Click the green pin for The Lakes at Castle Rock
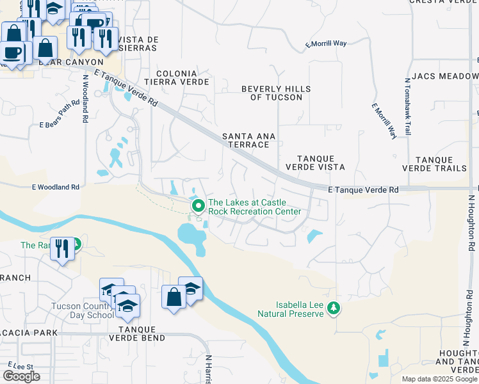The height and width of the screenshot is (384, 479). tap(199, 206)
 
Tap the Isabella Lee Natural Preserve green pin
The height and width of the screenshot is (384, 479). tap(333, 308)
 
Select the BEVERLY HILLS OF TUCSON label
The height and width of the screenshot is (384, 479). tap(276, 93)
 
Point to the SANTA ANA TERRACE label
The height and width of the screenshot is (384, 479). tap(245, 140)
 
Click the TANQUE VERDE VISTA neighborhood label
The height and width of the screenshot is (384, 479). tap(320, 163)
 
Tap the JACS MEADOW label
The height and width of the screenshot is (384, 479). tap(446, 76)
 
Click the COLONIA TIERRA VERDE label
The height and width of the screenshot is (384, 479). tap(177, 78)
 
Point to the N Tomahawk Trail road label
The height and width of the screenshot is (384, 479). tap(407, 107)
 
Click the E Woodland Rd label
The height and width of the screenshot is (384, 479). tap(56, 187)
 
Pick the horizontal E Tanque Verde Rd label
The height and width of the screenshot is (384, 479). tap(362, 190)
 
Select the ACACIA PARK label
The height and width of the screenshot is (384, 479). tap(29, 333)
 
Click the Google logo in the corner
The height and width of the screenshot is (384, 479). tap(21, 376)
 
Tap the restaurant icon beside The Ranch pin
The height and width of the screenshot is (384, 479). tap(62, 247)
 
